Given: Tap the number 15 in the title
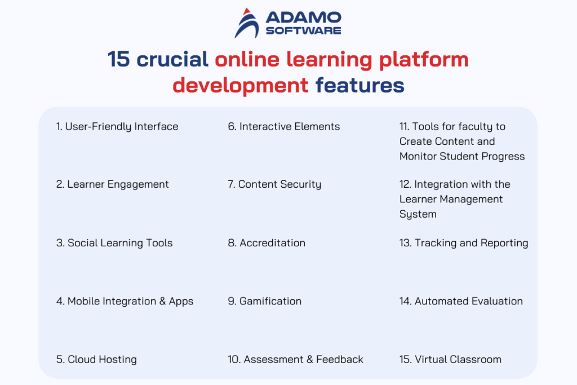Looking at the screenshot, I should (x=119, y=59).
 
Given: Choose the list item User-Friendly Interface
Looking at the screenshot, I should (x=117, y=127).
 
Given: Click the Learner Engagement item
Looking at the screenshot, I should (x=113, y=184).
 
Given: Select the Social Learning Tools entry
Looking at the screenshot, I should (x=114, y=243).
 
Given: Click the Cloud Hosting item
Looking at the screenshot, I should (x=96, y=359).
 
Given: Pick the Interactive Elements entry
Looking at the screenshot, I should (x=284, y=127).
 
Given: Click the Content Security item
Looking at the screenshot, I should (x=274, y=184).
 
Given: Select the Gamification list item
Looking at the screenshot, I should (x=265, y=301).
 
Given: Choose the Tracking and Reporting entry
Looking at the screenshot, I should (x=464, y=243).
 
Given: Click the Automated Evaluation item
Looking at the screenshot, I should (x=461, y=301).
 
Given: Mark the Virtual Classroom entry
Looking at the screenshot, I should (x=450, y=359).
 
